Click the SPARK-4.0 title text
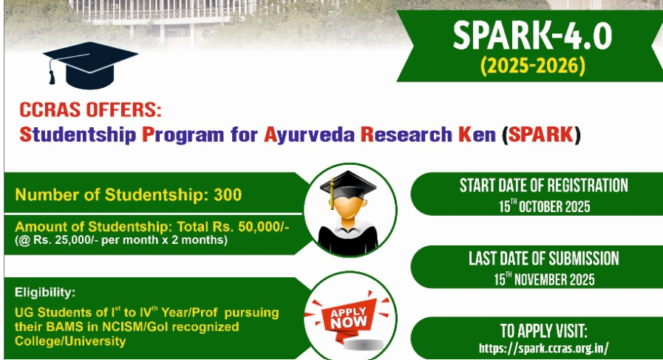(532, 36)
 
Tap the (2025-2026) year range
(533, 66)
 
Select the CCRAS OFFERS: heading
(90, 109)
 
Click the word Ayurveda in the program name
(309, 135)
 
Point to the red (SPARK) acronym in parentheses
(541, 135)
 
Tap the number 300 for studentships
(228, 194)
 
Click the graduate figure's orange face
(347, 207)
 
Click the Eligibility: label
(45, 292)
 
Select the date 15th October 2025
(544, 206)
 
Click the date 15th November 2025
(544, 279)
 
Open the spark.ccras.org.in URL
(544, 349)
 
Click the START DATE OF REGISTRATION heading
(544, 186)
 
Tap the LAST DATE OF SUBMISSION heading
(544, 259)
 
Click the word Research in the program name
(407, 135)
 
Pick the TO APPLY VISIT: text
(544, 331)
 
